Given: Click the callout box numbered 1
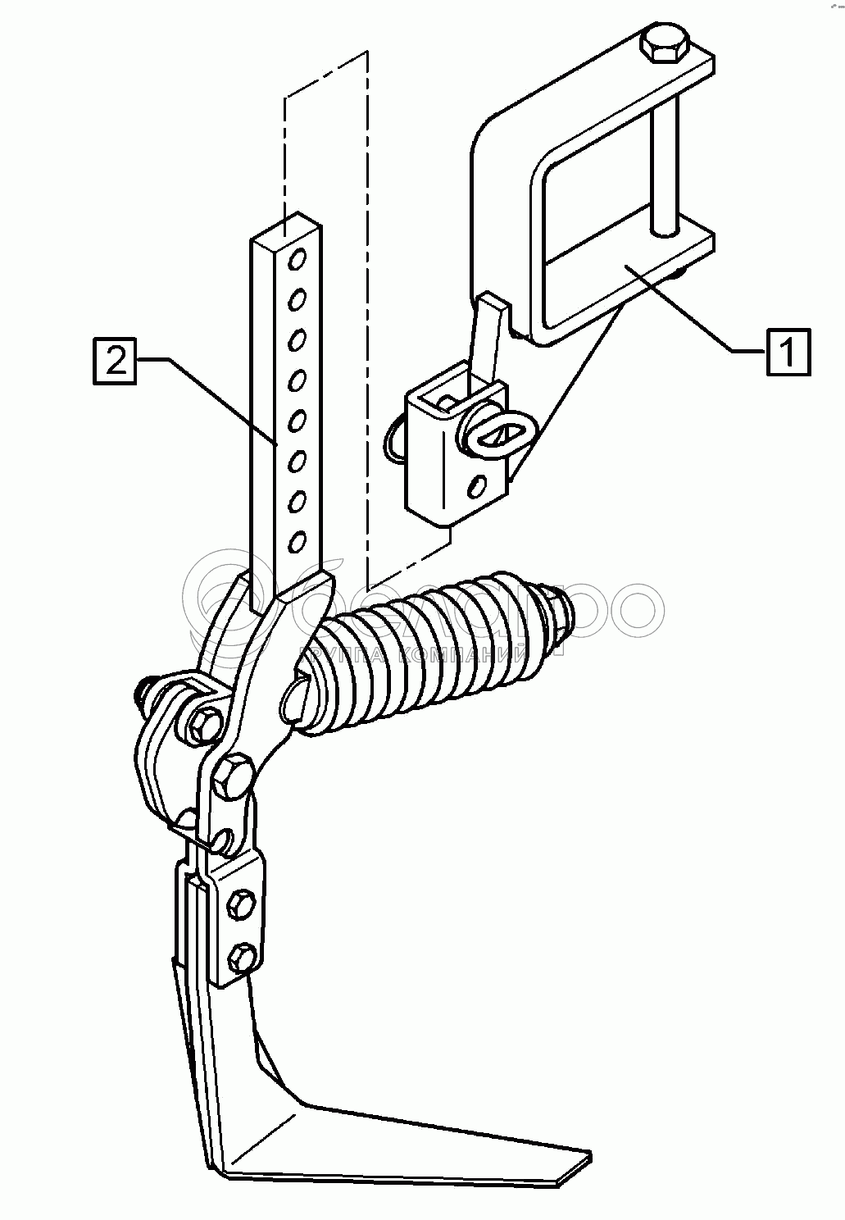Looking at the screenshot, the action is [x=788, y=352].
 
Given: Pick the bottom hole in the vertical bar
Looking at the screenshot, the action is [x=298, y=541].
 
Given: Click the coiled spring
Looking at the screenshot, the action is [x=434, y=648].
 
